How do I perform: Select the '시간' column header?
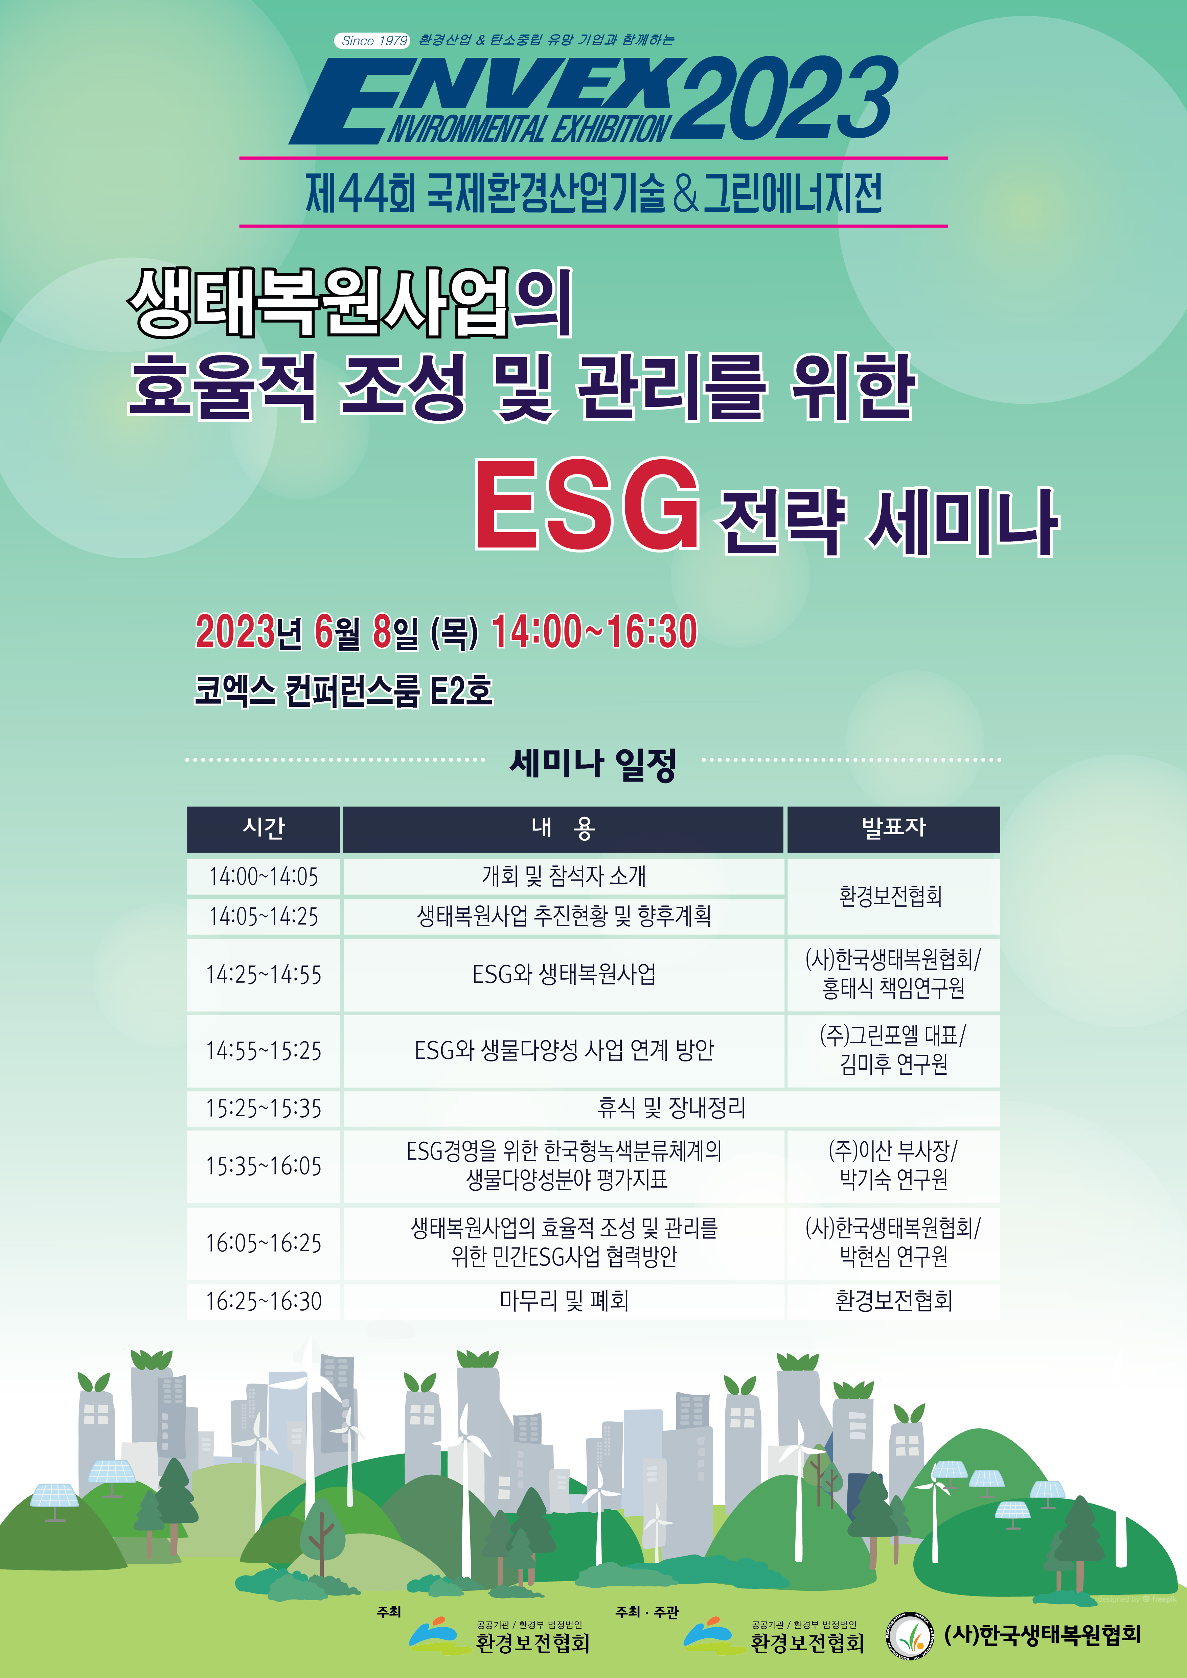click(x=264, y=828)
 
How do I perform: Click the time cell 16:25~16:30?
click(x=264, y=1301)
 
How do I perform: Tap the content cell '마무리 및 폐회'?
click(x=564, y=1301)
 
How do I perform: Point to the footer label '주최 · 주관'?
click(x=647, y=1611)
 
